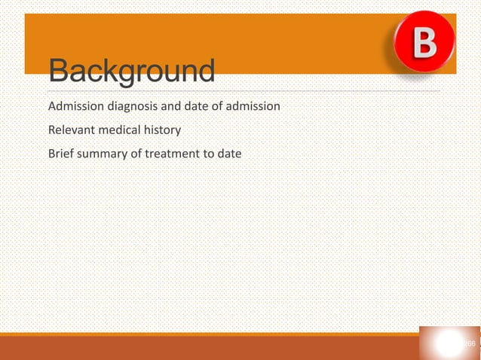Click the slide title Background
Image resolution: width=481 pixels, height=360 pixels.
coord(131,72)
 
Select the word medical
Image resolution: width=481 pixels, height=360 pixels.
coord(118,130)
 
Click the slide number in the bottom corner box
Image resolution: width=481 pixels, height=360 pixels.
coord(468,344)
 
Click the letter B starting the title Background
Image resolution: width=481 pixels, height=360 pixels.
coord(60,72)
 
